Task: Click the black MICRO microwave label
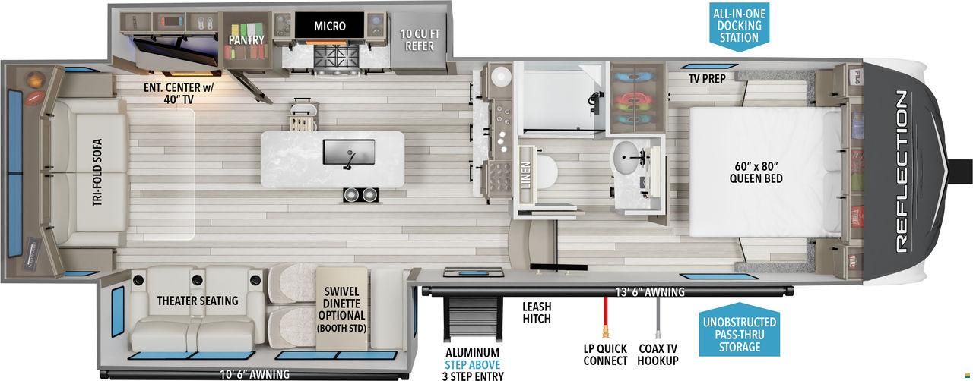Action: tap(330, 25)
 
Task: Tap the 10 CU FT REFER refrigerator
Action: tap(419, 40)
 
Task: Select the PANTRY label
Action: tap(246, 40)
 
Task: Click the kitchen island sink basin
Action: tap(349, 152)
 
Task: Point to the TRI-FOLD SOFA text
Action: tap(97, 172)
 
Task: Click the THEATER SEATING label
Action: tap(198, 301)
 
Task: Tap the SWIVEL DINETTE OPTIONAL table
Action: tap(341, 308)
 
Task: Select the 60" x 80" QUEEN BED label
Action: tap(756, 172)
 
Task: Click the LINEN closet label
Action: tap(525, 175)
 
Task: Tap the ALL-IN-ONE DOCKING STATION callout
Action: tap(740, 27)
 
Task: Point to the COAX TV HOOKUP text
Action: tap(658, 354)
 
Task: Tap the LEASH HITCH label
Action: tap(537, 313)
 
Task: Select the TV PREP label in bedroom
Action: tap(707, 79)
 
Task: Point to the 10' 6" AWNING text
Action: tap(255, 374)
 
